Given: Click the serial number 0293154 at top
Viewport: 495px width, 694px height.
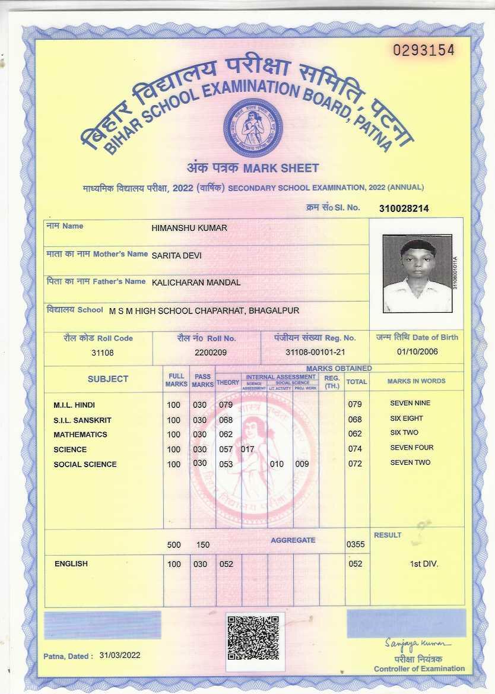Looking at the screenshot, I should pyautogui.click(x=424, y=50).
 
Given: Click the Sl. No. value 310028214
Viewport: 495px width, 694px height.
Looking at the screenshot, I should pyautogui.click(x=404, y=208).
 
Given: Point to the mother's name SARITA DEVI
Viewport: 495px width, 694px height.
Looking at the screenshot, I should pyautogui.click(x=177, y=255).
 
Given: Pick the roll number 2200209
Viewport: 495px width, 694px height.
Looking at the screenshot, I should pyautogui.click(x=211, y=352).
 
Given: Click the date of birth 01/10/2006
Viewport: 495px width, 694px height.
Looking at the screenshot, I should pyautogui.click(x=417, y=351).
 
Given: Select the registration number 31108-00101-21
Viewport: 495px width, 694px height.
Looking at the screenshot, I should pyautogui.click(x=315, y=352).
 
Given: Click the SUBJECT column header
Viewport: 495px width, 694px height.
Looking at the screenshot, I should pyautogui.click(x=108, y=379).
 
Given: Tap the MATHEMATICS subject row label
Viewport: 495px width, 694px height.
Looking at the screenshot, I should pyautogui.click(x=80, y=435).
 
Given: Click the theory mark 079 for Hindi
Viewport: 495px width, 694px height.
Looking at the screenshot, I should pyautogui.click(x=226, y=405).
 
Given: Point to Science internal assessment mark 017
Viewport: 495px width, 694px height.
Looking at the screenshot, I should pyautogui.click(x=247, y=449).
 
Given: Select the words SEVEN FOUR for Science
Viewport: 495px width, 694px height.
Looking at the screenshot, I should pyautogui.click(x=412, y=448).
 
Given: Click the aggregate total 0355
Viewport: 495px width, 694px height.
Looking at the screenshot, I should pyautogui.click(x=355, y=544).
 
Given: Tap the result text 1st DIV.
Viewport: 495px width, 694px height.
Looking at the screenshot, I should pyautogui.click(x=424, y=563).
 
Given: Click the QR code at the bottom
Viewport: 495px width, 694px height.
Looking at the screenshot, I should pyautogui.click(x=253, y=638).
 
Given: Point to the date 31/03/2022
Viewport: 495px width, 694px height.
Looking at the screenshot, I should pyautogui.click(x=120, y=655).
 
